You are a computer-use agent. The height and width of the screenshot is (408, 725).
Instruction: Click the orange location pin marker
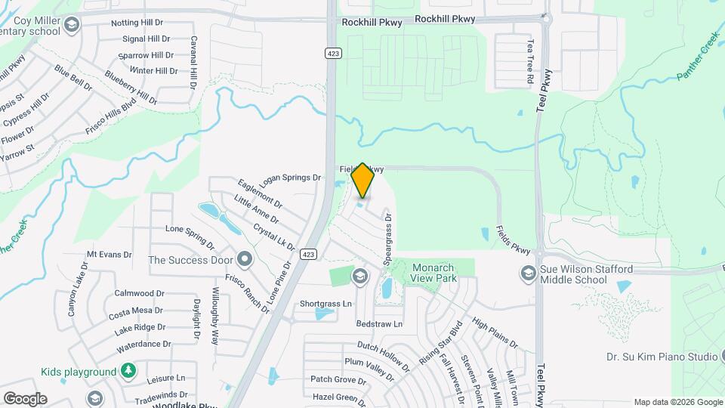363,180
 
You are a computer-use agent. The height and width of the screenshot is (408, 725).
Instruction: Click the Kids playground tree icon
128,370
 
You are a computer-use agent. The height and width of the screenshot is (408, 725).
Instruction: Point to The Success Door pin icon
244,260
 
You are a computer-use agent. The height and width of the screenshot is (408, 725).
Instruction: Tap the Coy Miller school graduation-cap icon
72,26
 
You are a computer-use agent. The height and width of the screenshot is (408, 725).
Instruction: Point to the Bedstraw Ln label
380,324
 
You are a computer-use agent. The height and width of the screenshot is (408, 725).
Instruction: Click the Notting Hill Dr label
137,23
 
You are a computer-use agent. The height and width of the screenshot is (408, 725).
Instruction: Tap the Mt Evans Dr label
110,255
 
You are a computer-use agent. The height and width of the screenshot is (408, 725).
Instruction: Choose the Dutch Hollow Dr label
383,356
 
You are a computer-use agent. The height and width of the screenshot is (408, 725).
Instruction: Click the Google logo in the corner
25,398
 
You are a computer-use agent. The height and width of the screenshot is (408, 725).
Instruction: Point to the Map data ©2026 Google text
677,402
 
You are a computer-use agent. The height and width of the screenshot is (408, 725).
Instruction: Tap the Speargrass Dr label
388,237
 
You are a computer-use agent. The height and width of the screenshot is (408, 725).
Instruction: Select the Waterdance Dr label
145,344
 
